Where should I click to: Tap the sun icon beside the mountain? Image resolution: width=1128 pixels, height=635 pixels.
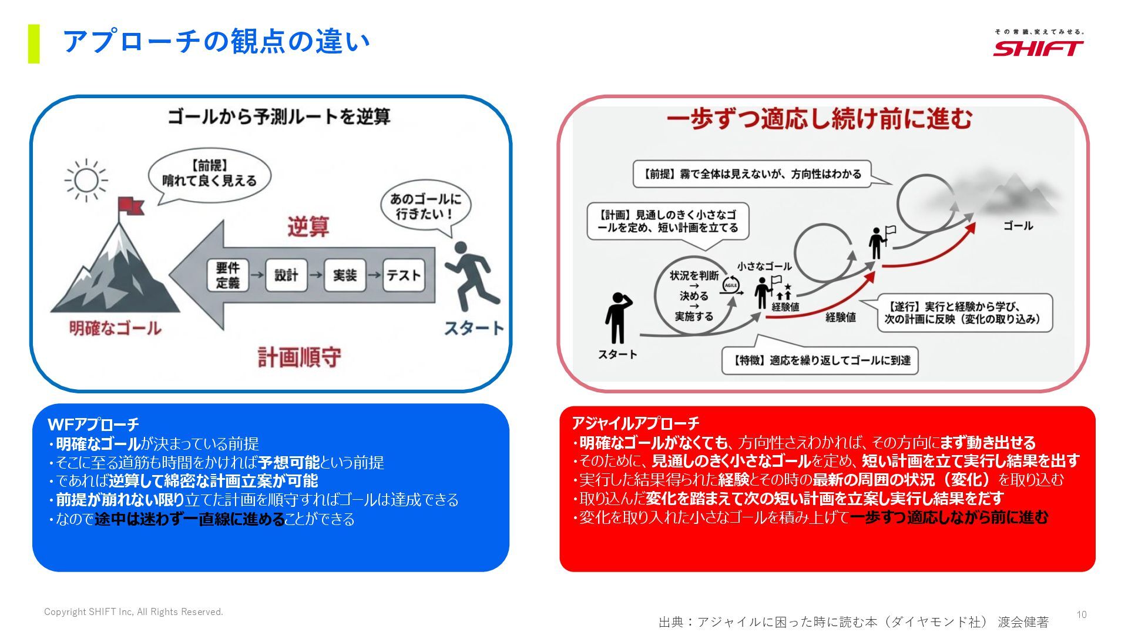click(86, 180)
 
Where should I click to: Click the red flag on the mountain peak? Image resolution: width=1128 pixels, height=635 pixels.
click(130, 206)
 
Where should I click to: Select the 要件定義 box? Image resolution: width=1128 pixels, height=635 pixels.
click(227, 275)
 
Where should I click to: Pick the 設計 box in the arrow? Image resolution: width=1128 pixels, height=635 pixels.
click(286, 275)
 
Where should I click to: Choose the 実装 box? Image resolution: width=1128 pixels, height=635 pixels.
click(345, 275)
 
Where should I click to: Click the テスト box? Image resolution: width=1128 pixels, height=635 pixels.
click(404, 275)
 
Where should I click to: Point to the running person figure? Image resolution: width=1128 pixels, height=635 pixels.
click(472, 276)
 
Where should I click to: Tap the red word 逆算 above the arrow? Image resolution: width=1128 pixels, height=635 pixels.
click(308, 226)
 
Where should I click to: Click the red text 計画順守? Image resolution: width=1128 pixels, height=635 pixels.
click(300, 357)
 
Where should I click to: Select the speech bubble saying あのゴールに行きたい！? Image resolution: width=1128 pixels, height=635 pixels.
click(426, 206)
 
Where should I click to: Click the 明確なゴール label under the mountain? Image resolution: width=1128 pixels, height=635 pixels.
click(115, 328)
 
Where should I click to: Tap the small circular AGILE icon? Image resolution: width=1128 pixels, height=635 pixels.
click(730, 285)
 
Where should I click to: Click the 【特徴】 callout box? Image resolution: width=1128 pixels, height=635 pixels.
click(820, 360)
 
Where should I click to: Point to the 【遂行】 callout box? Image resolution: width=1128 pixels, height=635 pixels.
click(965, 313)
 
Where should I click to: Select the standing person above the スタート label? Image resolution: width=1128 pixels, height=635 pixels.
click(617, 317)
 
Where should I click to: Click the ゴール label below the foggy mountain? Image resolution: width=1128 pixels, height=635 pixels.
click(1018, 226)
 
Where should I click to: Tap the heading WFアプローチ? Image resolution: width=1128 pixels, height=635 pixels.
click(93, 424)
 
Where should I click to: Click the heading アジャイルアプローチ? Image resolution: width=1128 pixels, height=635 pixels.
click(635, 423)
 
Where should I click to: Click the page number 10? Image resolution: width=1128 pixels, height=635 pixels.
click(1082, 614)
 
